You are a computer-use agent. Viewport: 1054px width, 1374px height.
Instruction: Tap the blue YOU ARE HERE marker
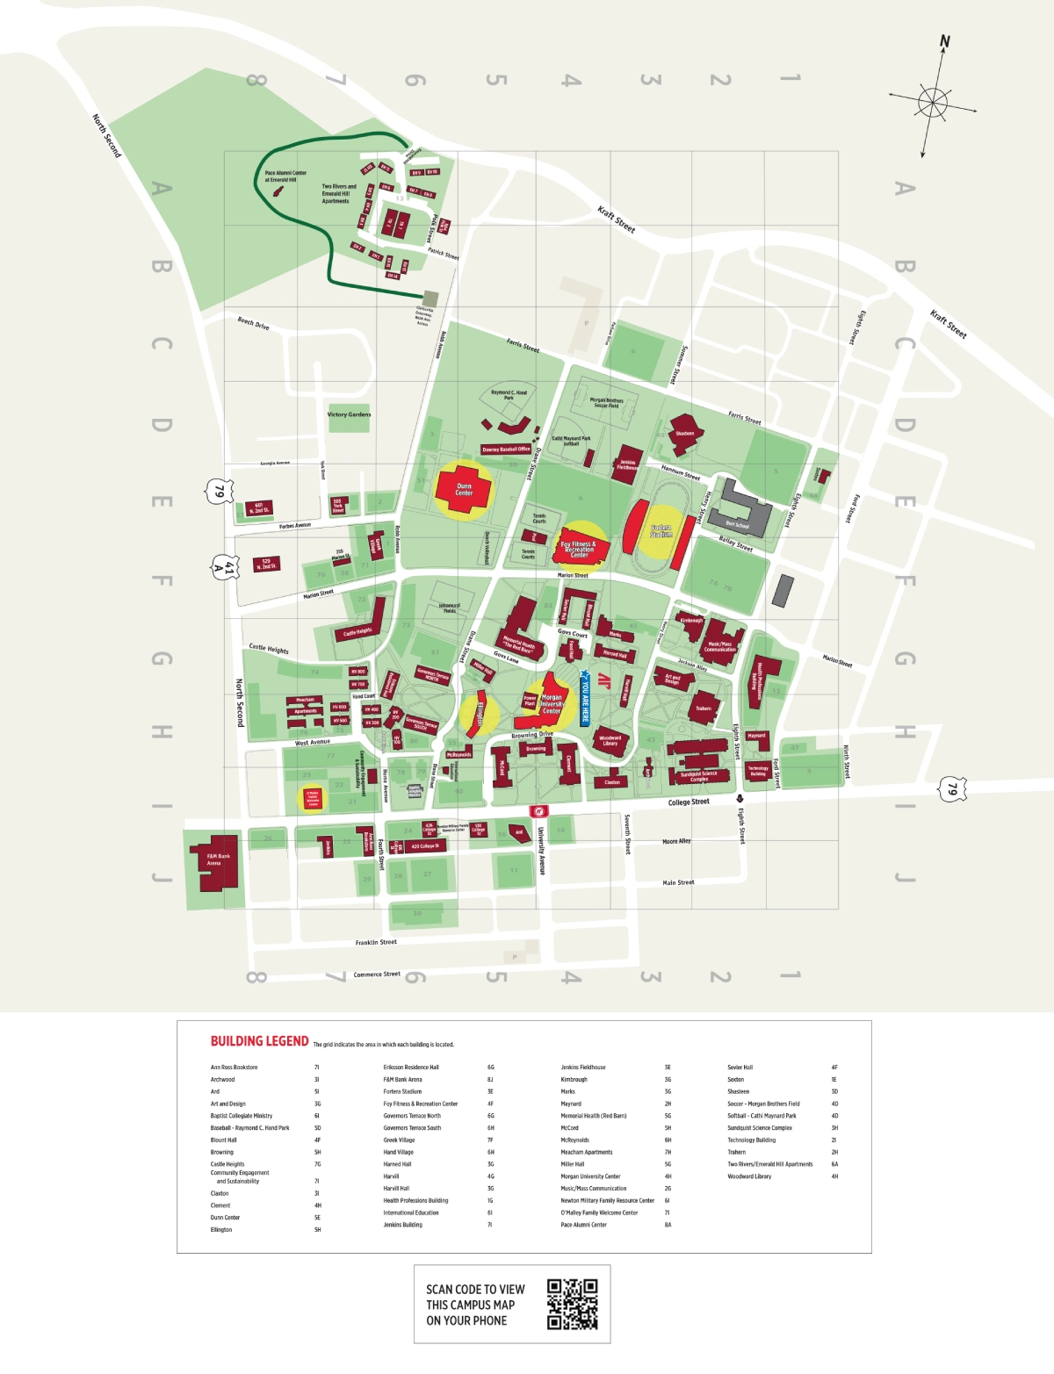(585, 698)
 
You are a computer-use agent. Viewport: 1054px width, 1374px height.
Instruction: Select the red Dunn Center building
(464, 489)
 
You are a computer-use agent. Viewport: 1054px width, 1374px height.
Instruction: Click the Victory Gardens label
(349, 414)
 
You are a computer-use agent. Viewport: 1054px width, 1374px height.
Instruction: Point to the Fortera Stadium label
(661, 531)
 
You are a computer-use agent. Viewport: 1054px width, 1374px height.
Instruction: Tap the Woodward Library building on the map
(610, 740)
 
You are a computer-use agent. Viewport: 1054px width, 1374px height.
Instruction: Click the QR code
(572, 1304)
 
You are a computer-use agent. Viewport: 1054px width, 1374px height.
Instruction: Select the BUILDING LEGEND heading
(259, 1041)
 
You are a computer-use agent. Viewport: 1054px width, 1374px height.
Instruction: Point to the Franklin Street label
(376, 942)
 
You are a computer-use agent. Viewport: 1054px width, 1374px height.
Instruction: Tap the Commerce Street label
(377, 974)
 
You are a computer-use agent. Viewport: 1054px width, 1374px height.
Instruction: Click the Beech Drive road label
(253, 324)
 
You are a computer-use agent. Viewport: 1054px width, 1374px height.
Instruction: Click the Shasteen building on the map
(684, 432)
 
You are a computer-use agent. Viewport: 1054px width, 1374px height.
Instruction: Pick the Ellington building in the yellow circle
(480, 713)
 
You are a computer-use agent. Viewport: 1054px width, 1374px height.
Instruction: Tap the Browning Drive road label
(532, 734)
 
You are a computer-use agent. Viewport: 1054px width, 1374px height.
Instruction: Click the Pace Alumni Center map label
(286, 176)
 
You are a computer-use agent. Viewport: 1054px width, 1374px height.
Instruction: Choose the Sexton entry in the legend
(735, 1080)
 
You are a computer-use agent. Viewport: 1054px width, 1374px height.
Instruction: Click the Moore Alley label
(676, 841)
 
